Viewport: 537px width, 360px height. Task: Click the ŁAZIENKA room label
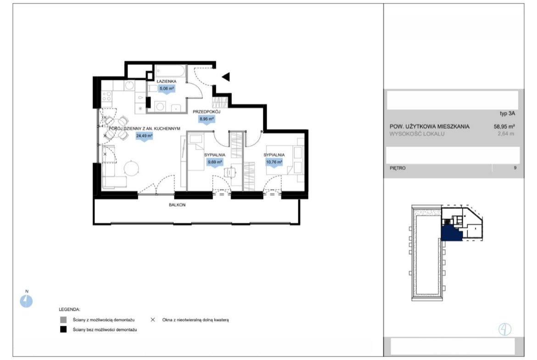pos(167,82)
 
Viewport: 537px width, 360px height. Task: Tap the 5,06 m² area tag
pos(167,89)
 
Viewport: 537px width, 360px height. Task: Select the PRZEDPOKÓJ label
pos(207,112)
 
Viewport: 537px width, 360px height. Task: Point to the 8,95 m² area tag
pos(207,119)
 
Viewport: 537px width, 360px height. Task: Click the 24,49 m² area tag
pos(144,136)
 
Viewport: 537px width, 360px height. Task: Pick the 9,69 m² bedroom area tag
pos(215,162)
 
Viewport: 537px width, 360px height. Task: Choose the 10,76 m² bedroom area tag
pos(274,162)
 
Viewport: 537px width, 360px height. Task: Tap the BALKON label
pos(177,205)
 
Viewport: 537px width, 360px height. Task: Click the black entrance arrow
pos(226,77)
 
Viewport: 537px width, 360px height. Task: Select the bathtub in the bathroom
pos(170,72)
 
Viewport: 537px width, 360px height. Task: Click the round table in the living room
pos(132,168)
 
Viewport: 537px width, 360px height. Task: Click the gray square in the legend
pos(63,320)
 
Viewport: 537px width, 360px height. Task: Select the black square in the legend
pos(63,330)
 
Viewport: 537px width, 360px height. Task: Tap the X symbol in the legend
pos(153,320)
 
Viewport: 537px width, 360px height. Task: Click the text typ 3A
pos(507,114)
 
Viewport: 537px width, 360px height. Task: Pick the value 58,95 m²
pos(504,126)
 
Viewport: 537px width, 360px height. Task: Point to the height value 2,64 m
pos(506,134)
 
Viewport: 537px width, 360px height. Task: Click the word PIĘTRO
pos(397,168)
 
